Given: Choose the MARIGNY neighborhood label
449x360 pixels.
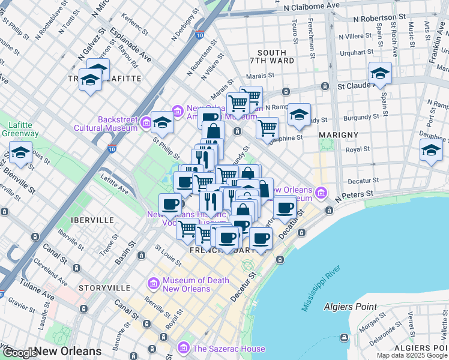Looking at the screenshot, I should [x=339, y=134].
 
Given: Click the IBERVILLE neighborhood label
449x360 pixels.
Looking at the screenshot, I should [x=92, y=220].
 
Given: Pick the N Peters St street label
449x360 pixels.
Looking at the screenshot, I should [x=354, y=195].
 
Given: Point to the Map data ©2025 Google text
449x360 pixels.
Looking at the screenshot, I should [x=412, y=355].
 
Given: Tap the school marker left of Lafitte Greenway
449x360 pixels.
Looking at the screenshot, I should [x=20, y=154].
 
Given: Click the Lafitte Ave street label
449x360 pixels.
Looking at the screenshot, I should [x=115, y=184].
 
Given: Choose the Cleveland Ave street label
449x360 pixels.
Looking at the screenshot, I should [x=46, y=268].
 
